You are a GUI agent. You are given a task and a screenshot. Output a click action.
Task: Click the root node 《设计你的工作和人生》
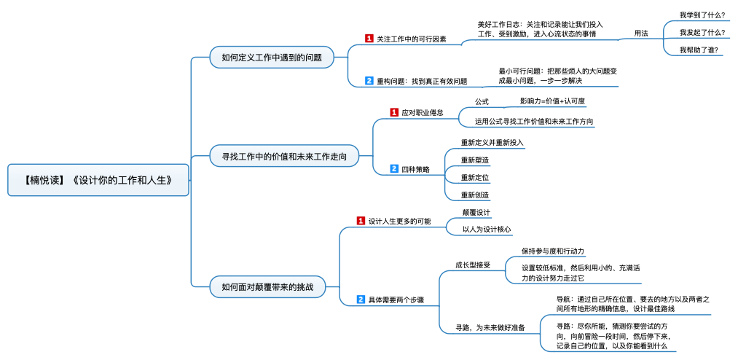click(98, 180)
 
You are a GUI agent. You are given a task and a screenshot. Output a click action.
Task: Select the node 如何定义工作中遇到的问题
click(272, 58)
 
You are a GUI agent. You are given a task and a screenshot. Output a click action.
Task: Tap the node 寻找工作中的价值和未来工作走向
click(284, 156)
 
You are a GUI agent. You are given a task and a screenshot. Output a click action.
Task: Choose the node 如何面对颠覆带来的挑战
click(267, 286)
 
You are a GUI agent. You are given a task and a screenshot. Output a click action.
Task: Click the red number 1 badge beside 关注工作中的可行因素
click(369, 39)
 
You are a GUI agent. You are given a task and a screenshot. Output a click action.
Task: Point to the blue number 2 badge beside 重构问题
click(369, 81)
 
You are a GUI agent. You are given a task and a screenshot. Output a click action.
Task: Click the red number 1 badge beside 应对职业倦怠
click(394, 112)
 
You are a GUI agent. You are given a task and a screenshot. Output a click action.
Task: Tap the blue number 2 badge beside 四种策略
click(394, 169)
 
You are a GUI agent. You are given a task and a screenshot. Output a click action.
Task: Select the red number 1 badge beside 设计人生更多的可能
click(361, 221)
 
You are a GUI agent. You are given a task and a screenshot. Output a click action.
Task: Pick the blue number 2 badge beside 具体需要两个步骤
click(361, 300)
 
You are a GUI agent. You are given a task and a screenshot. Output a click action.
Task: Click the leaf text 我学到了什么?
click(702, 15)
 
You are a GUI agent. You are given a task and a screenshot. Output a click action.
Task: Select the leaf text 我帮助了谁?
click(699, 50)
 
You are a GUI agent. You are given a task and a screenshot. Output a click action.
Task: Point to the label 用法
click(641, 33)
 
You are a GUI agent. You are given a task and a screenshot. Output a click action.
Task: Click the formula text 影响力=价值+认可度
click(552, 101)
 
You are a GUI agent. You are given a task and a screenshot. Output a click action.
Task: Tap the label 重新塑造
click(475, 160)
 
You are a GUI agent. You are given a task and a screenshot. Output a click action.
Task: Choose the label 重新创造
click(475, 195)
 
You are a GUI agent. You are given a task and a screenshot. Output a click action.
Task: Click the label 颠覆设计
click(476, 212)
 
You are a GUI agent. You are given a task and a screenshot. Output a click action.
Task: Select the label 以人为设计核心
click(487, 230)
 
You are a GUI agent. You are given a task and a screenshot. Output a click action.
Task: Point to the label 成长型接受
click(473, 265)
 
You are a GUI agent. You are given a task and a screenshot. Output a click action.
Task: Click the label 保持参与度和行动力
click(552, 251)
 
